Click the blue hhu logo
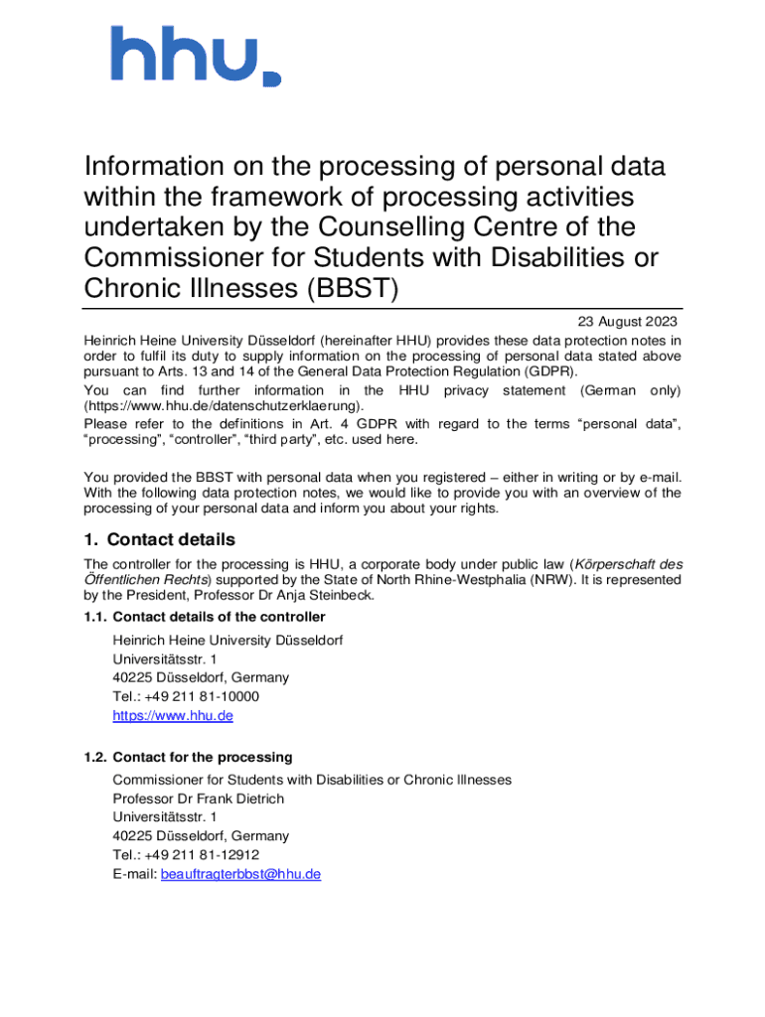pyautogui.click(x=195, y=56)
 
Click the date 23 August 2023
pyautogui.click(x=628, y=322)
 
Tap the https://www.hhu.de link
pyautogui.click(x=173, y=715)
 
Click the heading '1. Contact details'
pyautogui.click(x=159, y=540)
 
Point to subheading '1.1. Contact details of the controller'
pyautogui.click(x=205, y=617)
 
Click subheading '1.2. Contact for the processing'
pyautogui.click(x=188, y=757)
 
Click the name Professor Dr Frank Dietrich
pyautogui.click(x=198, y=799)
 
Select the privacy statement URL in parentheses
pyautogui.click(x=224, y=405)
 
